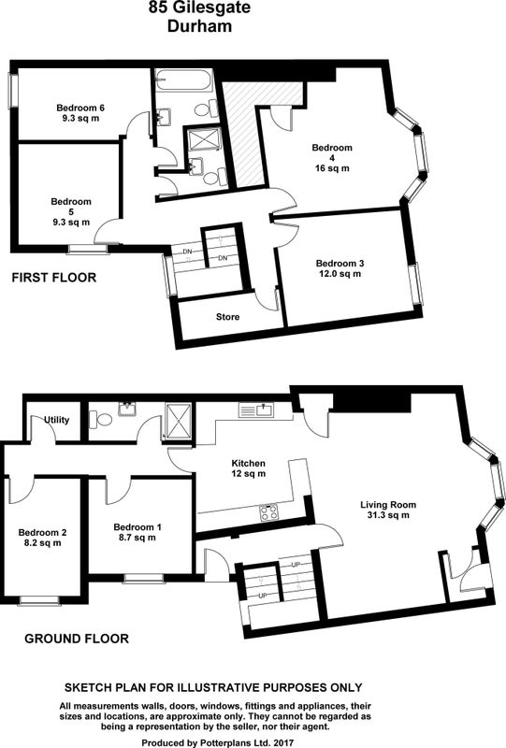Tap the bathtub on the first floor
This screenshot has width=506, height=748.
(184, 80)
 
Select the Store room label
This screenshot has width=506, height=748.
(227, 317)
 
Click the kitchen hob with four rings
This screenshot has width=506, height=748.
(268, 512)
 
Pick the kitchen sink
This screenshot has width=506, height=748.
(257, 410)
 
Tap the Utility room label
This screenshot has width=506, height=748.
(57, 420)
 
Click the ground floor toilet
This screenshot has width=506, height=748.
(101, 420)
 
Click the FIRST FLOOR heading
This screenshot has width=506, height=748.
(54, 278)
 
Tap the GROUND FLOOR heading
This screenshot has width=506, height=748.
(77, 639)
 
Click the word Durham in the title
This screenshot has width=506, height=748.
(199, 26)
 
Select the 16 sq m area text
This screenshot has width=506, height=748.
(332, 168)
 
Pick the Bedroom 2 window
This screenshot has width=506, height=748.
(39, 599)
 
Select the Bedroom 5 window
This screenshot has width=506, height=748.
(87, 249)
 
